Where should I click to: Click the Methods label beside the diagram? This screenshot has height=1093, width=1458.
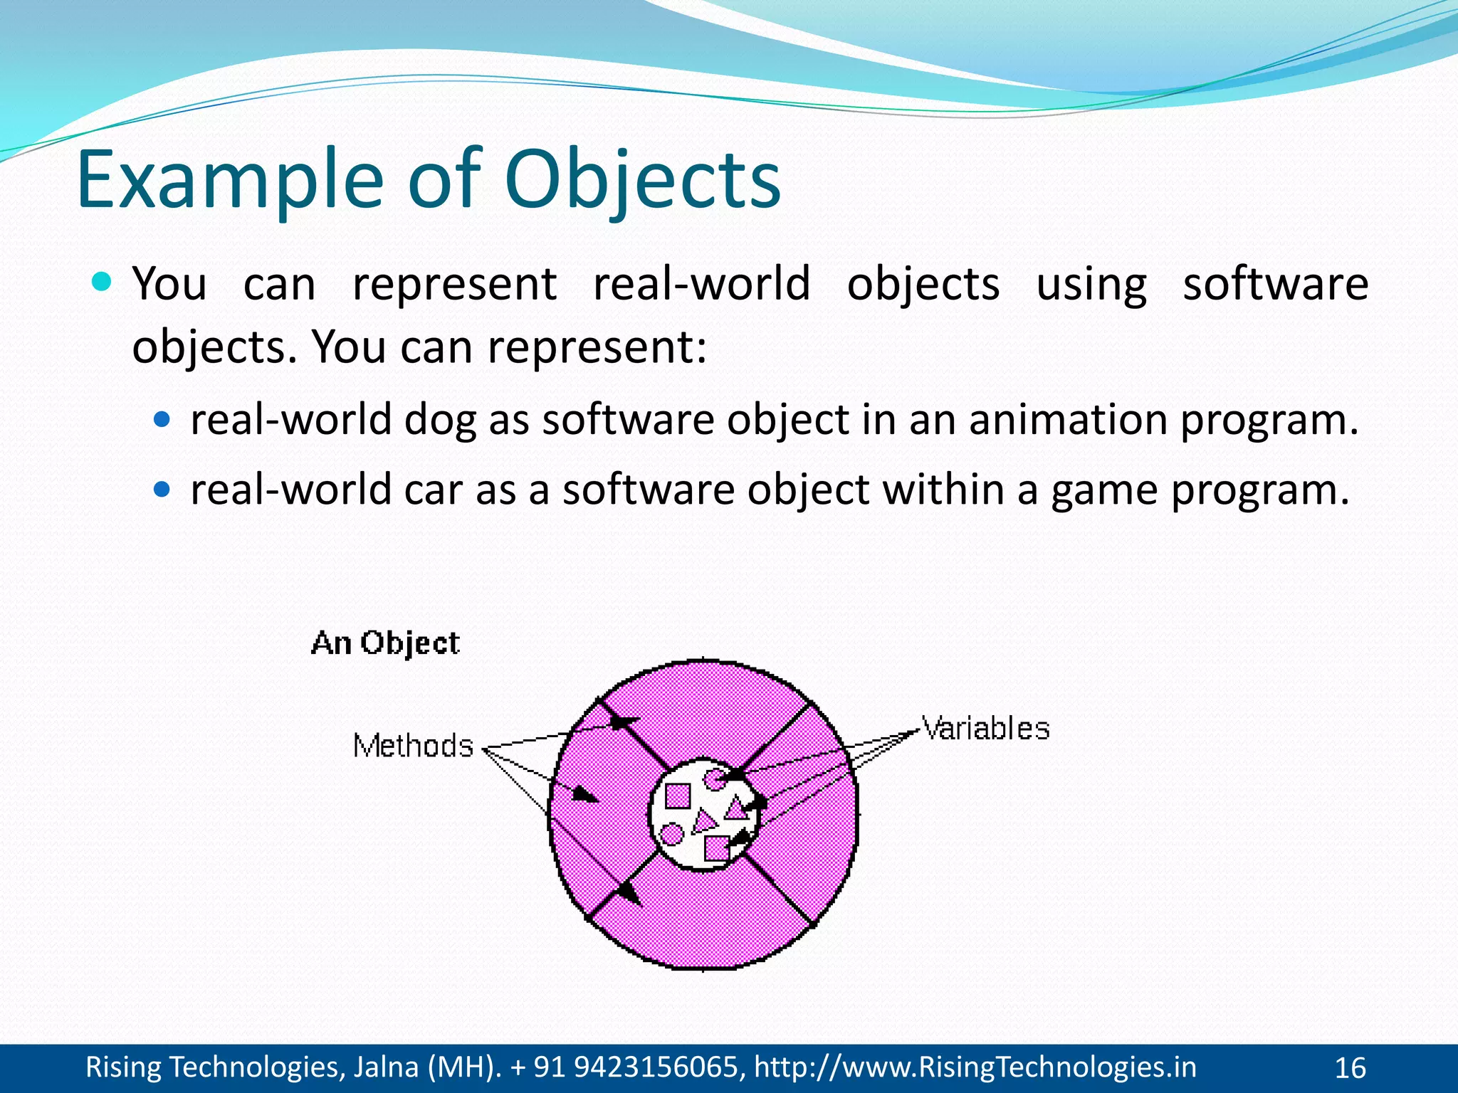click(x=413, y=746)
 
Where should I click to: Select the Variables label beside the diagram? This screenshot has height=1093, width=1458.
click(x=986, y=729)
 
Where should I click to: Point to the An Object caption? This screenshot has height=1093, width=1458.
click(x=385, y=643)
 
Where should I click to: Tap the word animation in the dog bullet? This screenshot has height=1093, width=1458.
click(x=1068, y=419)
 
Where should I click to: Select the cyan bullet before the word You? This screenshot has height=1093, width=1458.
click(x=103, y=283)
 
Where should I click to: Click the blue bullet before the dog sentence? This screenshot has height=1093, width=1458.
click(x=162, y=420)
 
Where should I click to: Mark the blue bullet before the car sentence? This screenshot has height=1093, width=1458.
click(x=162, y=490)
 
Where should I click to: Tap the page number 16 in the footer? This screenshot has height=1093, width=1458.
click(x=1350, y=1068)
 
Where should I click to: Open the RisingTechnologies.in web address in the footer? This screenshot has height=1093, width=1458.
click(x=975, y=1067)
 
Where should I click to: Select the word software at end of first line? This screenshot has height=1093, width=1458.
click(x=1275, y=283)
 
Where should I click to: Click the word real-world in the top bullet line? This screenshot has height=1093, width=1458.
click(x=701, y=283)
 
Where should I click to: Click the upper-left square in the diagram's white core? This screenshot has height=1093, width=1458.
click(x=677, y=796)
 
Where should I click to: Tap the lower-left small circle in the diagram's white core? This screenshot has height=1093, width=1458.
click(x=671, y=833)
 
